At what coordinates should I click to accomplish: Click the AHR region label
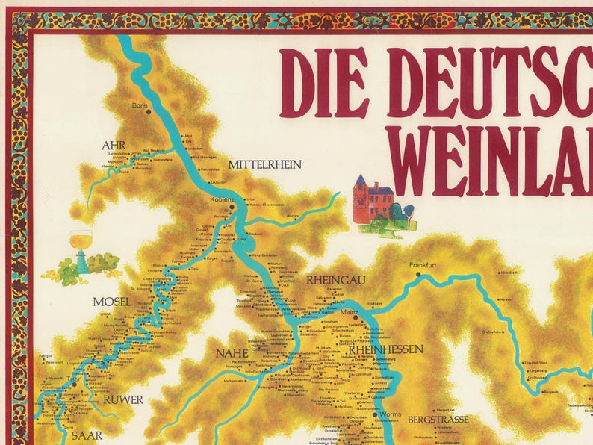[114, 145]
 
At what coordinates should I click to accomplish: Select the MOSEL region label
[112, 302]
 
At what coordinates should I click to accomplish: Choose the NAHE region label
[232, 353]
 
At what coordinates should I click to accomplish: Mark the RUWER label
[122, 399]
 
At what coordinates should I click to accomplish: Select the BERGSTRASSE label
[438, 420]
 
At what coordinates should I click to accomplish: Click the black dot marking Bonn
[148, 112]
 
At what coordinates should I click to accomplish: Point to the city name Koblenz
[223, 199]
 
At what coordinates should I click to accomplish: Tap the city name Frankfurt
[421, 265]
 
